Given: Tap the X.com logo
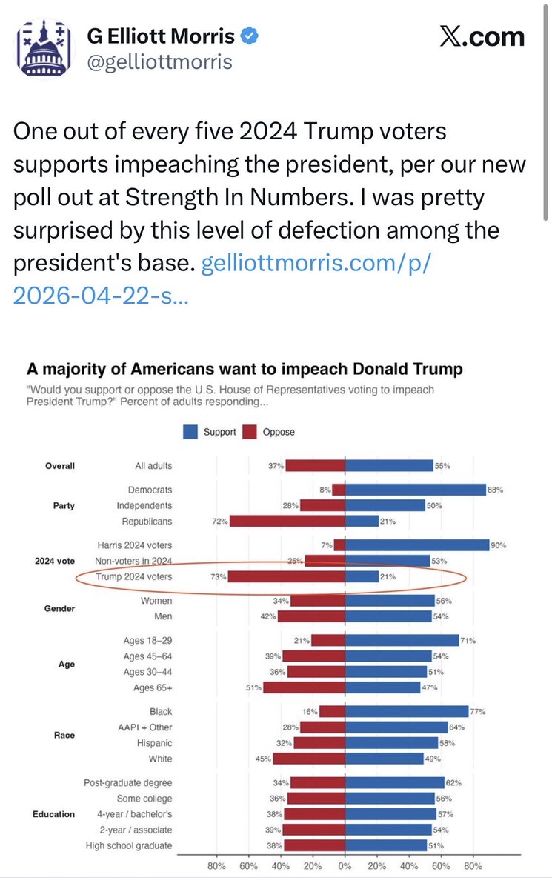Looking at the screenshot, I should pyautogui.click(x=482, y=38).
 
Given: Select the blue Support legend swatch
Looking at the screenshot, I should pyautogui.click(x=192, y=432).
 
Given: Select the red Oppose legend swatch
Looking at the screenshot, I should pyautogui.click(x=249, y=432).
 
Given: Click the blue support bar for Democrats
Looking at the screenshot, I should pyautogui.click(x=415, y=490).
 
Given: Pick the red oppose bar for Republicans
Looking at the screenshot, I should pyautogui.click(x=287, y=521).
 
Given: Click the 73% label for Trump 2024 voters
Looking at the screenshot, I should pyautogui.click(x=217, y=577).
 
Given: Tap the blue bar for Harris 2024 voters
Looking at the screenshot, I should pyautogui.click(x=417, y=545).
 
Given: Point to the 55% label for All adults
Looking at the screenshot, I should pyautogui.click(x=443, y=466).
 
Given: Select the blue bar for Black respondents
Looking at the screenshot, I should pyautogui.click(x=407, y=712).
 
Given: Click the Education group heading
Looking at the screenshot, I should pyautogui.click(x=53, y=814).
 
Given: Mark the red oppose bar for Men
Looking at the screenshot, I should pyautogui.click(x=311, y=616).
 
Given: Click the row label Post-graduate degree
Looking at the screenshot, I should pyautogui.click(x=128, y=783).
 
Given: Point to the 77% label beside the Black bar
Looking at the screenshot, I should pyautogui.click(x=478, y=712).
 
